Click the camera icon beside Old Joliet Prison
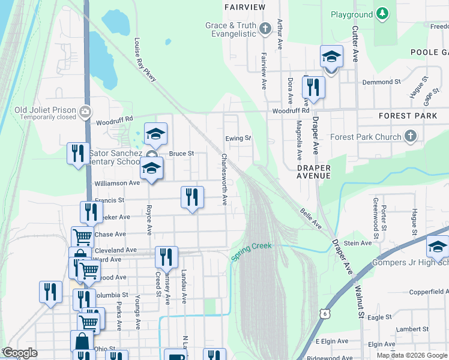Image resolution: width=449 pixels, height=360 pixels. [x=85, y=110]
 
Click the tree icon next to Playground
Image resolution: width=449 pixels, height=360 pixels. [x=382, y=14]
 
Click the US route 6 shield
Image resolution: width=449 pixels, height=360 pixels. [x=325, y=313]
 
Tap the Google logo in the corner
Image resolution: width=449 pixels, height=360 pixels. [x=20, y=353]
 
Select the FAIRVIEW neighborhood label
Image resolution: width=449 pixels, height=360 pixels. [x=244, y=7]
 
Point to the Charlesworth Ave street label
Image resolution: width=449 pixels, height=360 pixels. [x=224, y=179]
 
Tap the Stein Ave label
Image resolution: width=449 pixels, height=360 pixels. [x=358, y=243]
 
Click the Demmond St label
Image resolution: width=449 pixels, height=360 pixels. [x=381, y=82]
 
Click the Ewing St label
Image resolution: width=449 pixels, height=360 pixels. [x=238, y=138]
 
